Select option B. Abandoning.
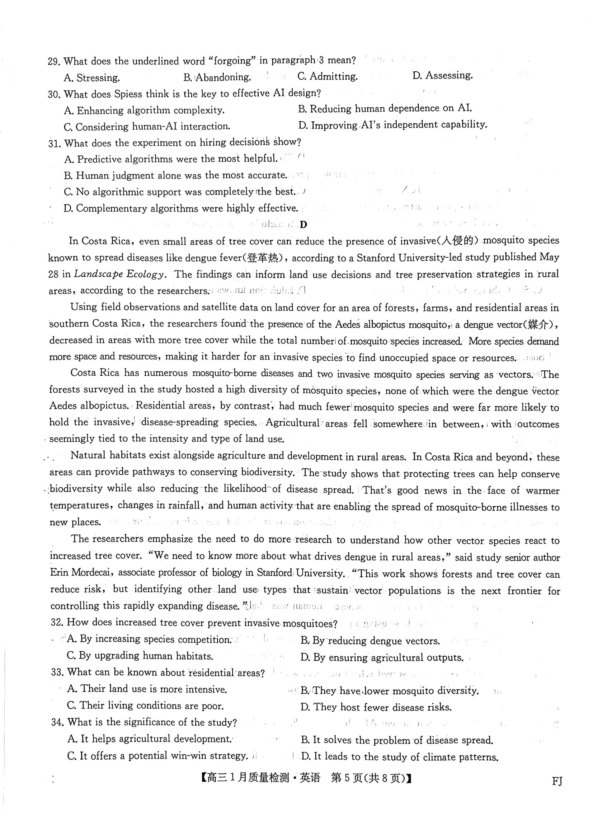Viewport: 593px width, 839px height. coord(217,78)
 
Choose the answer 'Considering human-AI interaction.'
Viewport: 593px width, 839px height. coord(147,127)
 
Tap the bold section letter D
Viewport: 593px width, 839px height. coord(303,225)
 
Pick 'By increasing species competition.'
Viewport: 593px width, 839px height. coord(149,639)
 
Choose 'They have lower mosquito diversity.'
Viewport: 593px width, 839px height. coord(390,691)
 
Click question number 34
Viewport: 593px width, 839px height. coord(58,722)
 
